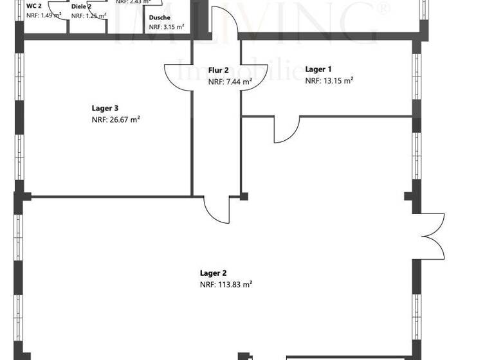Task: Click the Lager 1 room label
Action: (x=318, y=69)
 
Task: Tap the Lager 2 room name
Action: (x=213, y=273)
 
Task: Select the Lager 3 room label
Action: (x=105, y=109)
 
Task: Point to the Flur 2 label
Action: (x=218, y=71)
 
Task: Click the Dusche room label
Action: (x=159, y=18)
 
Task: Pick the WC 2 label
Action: (x=34, y=6)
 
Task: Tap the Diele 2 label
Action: (x=81, y=6)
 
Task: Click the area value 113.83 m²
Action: (x=226, y=285)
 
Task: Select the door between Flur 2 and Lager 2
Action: (x=217, y=210)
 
